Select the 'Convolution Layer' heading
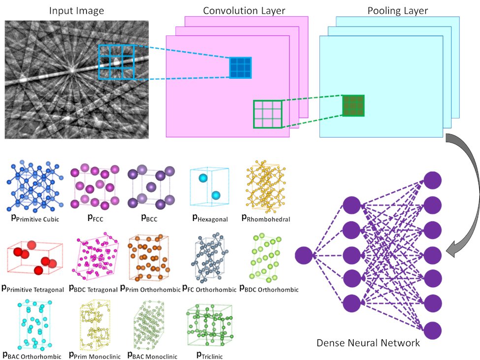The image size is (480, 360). [x=237, y=10]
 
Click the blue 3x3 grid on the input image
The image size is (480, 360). [x=116, y=61]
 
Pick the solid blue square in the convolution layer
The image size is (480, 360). [x=241, y=68]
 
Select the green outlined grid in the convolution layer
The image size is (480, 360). [x=267, y=114]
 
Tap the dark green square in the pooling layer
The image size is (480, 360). [x=353, y=105]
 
